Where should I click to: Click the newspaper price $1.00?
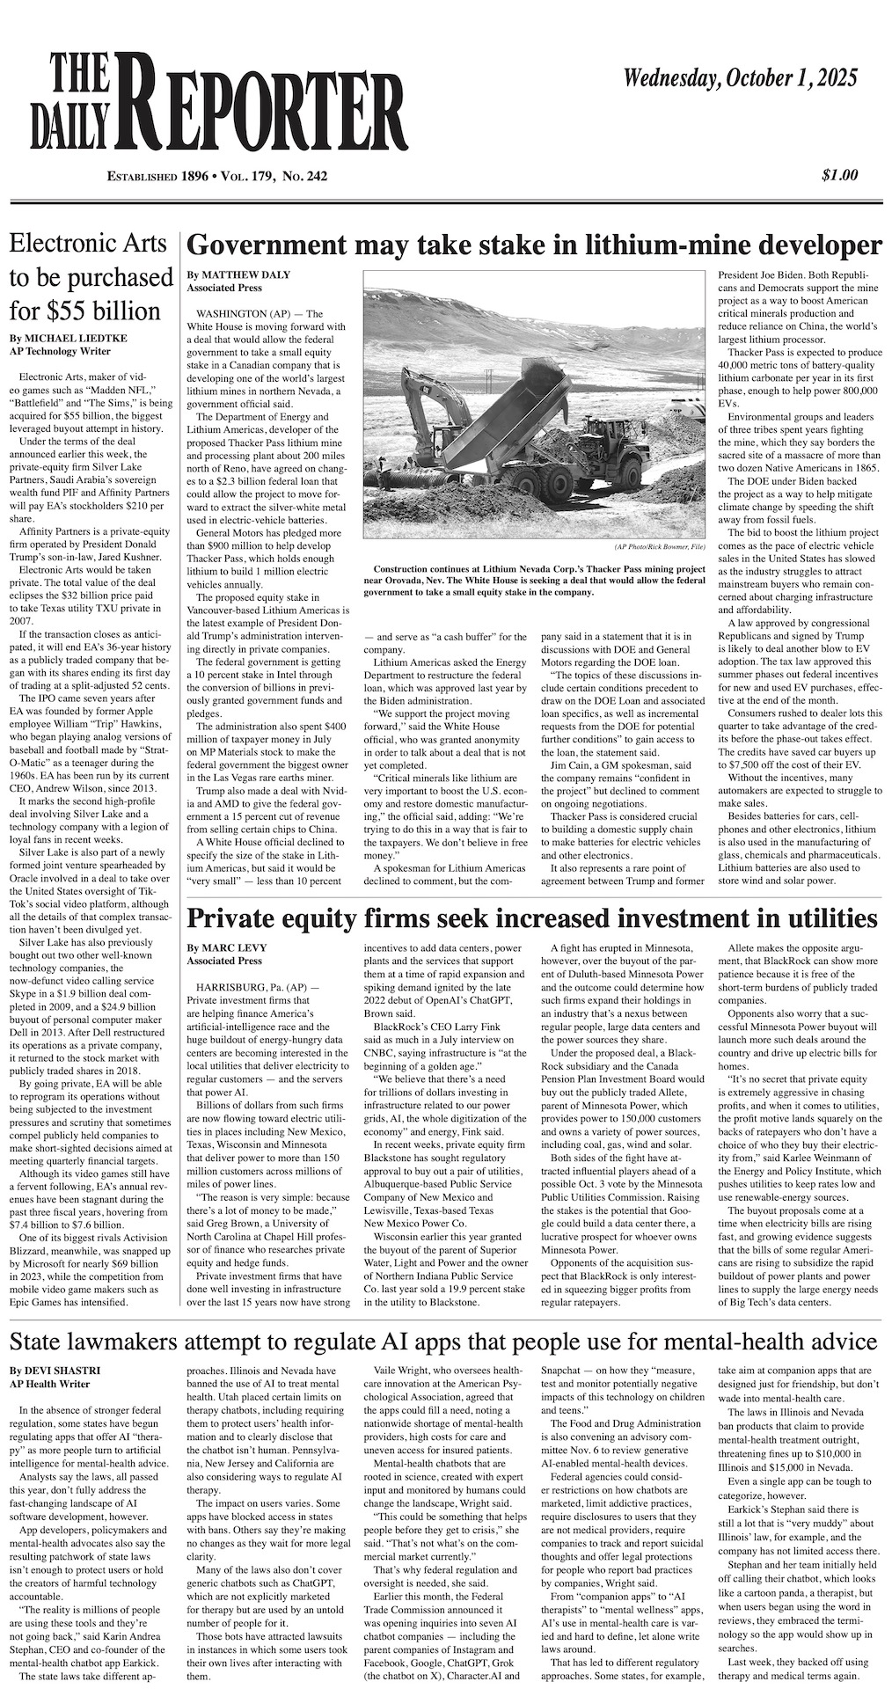[839, 175]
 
